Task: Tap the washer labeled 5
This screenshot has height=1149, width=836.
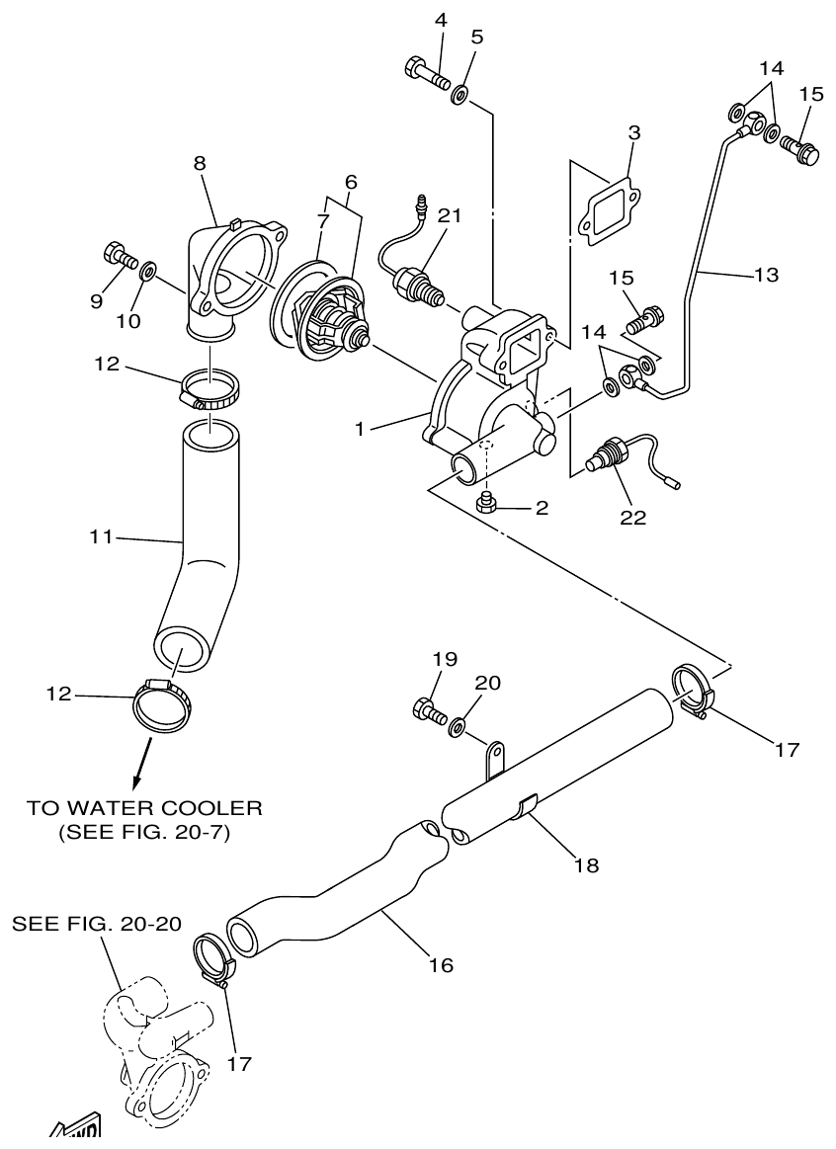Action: pyautogui.click(x=460, y=95)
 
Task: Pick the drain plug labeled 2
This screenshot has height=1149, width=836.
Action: pyautogui.click(x=485, y=504)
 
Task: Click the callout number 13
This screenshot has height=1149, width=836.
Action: pyautogui.click(x=764, y=276)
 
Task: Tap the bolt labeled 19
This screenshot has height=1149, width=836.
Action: pyautogui.click(x=428, y=709)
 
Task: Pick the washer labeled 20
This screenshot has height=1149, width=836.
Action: pyautogui.click(x=458, y=728)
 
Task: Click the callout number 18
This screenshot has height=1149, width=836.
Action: pyautogui.click(x=585, y=865)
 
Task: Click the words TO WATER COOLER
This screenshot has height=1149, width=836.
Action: pyautogui.click(x=145, y=808)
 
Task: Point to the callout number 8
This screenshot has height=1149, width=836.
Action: pyautogui.click(x=200, y=164)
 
